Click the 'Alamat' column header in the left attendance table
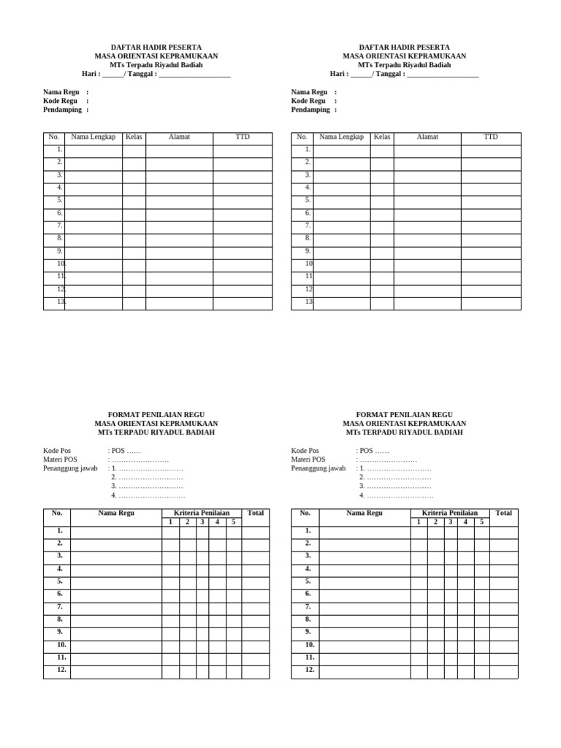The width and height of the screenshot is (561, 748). point(179,137)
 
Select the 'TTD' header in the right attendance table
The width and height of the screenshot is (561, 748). point(490,137)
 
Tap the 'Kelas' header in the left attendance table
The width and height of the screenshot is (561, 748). point(134,137)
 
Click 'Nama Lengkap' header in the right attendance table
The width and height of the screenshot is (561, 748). point(341,137)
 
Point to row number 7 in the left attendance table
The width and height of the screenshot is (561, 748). point(60,226)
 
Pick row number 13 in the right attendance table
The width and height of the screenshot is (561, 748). point(309,302)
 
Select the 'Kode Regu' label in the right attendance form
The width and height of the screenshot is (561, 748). point(308,102)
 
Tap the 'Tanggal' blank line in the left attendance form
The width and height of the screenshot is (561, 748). point(194,75)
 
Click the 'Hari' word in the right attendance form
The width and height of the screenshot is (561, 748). point(337,75)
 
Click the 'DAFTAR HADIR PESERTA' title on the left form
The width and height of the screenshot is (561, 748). point(156,47)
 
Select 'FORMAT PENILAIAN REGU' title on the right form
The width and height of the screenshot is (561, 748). point(404,415)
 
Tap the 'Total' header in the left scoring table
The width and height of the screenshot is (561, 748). point(256,514)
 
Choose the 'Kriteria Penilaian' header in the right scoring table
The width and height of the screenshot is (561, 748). point(449,514)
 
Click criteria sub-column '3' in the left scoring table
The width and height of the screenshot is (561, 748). point(202,522)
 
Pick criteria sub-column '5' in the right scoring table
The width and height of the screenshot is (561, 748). point(481,522)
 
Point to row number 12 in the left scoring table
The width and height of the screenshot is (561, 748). point(61,670)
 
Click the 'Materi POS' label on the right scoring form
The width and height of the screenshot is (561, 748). point(308,460)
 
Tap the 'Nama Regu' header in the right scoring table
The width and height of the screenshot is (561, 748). point(365,514)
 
